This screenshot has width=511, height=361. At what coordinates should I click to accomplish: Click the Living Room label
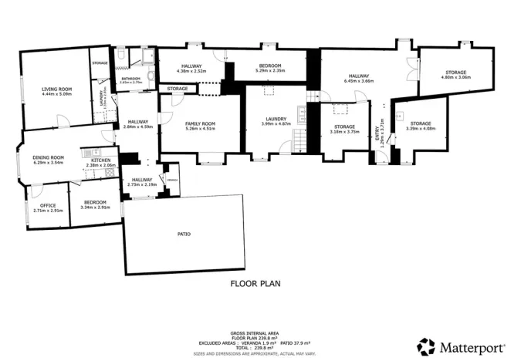tap(56, 89)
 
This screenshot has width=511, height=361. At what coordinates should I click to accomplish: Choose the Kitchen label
tap(100, 160)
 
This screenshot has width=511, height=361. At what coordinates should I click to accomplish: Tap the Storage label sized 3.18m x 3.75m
tap(344, 132)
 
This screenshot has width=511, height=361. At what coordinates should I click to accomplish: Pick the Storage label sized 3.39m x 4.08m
tap(420, 129)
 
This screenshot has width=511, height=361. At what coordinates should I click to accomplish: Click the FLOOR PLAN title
tap(255, 284)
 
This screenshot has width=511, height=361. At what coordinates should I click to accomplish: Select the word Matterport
tap(468, 346)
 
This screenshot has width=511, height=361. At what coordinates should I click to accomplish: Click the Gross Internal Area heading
tap(255, 329)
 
